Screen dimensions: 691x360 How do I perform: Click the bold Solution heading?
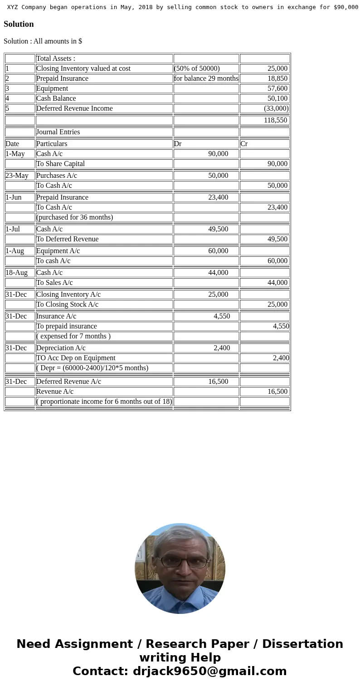tap(19, 24)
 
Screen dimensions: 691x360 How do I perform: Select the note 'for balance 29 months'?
tap(206, 78)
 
